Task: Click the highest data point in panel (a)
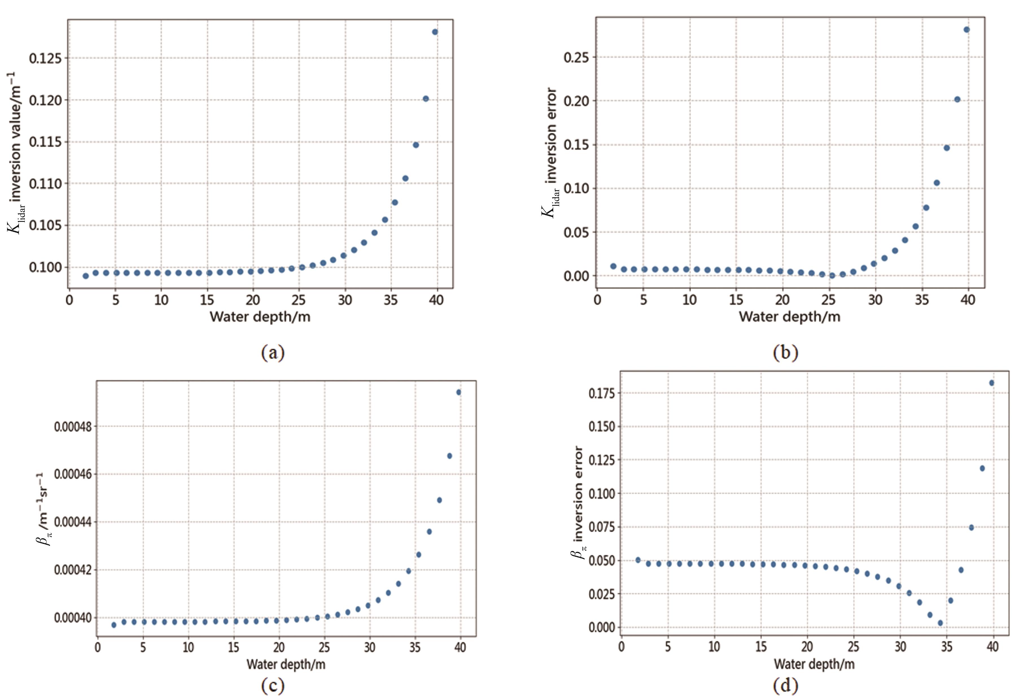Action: pyautogui.click(x=435, y=32)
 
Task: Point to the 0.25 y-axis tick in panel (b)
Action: pyautogui.click(x=576, y=58)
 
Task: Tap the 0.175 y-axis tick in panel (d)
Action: pyautogui.click(x=602, y=393)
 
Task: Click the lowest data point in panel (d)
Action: pyautogui.click(x=940, y=623)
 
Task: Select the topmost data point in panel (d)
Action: pyautogui.click(x=991, y=383)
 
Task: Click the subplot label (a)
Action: pyautogui.click(x=273, y=352)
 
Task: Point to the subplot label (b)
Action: pyautogui.click(x=785, y=352)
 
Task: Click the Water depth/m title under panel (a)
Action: pyautogui.click(x=260, y=317)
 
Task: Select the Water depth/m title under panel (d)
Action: pyautogui.click(x=814, y=664)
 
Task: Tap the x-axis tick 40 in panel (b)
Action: pyautogui.click(x=968, y=300)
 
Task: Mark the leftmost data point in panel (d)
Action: pyautogui.click(x=638, y=560)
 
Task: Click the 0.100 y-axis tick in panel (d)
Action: pyautogui.click(x=602, y=493)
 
